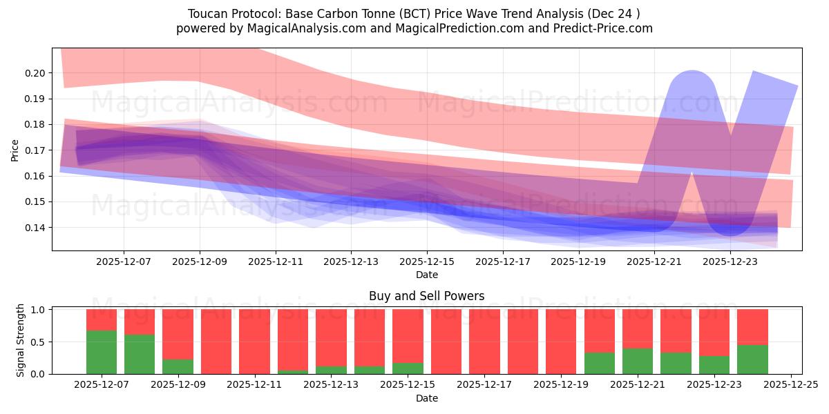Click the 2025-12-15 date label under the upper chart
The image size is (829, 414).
point(427,262)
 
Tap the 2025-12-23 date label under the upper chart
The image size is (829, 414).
point(731,262)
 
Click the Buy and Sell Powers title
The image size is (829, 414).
point(426,296)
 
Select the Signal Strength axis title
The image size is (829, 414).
point(21,339)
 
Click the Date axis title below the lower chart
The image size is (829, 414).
point(426,398)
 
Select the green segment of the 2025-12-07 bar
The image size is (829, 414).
point(102,353)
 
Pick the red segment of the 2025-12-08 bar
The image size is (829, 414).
point(140,322)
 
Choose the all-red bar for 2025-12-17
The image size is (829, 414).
point(484,342)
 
